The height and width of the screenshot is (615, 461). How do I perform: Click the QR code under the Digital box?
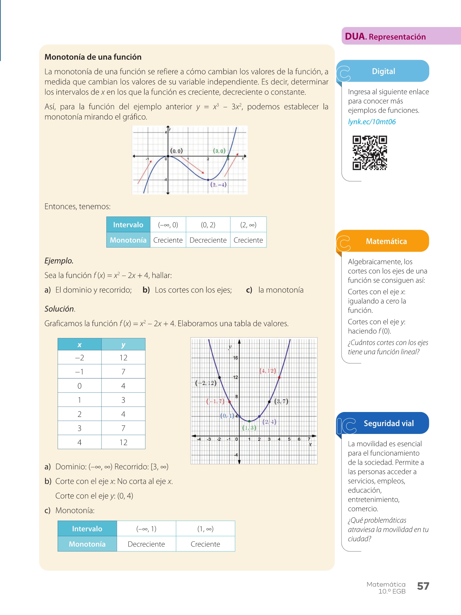point(369,153)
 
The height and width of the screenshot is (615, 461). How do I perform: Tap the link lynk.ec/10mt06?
point(372,122)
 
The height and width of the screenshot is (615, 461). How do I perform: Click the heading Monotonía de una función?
point(93,57)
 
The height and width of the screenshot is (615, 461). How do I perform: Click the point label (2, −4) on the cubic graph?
point(218,185)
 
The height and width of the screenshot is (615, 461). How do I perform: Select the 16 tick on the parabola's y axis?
point(235,358)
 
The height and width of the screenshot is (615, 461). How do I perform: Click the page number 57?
point(423,586)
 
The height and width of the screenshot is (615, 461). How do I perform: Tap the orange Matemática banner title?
point(386,241)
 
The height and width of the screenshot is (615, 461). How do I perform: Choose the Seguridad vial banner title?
point(389,423)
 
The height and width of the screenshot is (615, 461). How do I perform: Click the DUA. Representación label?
point(385,37)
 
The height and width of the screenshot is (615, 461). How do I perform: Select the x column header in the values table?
point(80,345)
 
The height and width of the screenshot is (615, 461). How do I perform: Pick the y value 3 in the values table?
point(123,400)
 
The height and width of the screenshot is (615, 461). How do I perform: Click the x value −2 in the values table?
point(80,358)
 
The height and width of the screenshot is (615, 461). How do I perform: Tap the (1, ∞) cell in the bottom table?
point(205,529)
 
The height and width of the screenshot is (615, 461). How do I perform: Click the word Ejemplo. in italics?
point(59,261)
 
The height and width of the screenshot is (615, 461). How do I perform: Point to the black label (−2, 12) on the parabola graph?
point(206,383)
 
